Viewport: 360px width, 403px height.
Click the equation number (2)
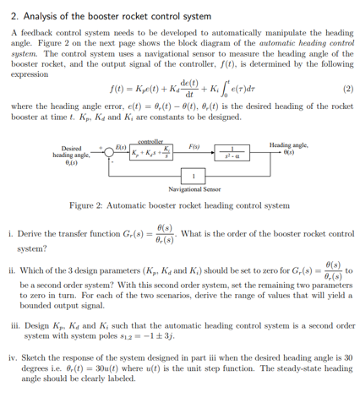[346, 88]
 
